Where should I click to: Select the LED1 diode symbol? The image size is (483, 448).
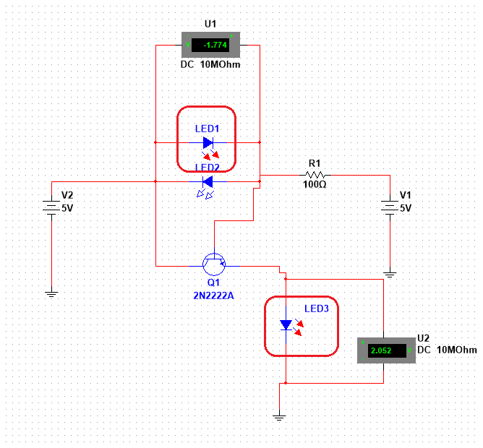tap(208, 142)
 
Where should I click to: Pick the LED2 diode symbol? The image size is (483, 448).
tap(208, 181)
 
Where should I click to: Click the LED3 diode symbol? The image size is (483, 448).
tap(286, 325)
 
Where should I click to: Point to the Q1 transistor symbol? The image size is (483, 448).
tap(214, 264)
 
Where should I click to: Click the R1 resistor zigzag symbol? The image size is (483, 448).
tap(315, 175)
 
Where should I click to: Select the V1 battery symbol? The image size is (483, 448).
tap(390, 206)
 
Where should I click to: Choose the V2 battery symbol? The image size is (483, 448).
tap(51, 206)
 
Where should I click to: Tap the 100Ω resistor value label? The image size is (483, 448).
tap(315, 184)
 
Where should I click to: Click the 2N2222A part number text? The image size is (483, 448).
tap(213, 296)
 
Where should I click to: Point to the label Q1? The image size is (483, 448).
tap(213, 283)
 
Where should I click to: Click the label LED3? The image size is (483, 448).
tap(317, 309)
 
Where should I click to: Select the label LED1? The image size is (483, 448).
tap(208, 129)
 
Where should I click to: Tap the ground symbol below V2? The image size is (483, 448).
tap(51, 294)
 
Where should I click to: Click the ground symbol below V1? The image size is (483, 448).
tap(390, 275)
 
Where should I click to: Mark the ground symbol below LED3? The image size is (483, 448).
tap(279, 418)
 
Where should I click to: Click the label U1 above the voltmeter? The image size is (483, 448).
tap(210, 24)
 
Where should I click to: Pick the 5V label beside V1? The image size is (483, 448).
tap(406, 208)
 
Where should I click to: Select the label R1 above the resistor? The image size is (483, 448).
tap(315, 163)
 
